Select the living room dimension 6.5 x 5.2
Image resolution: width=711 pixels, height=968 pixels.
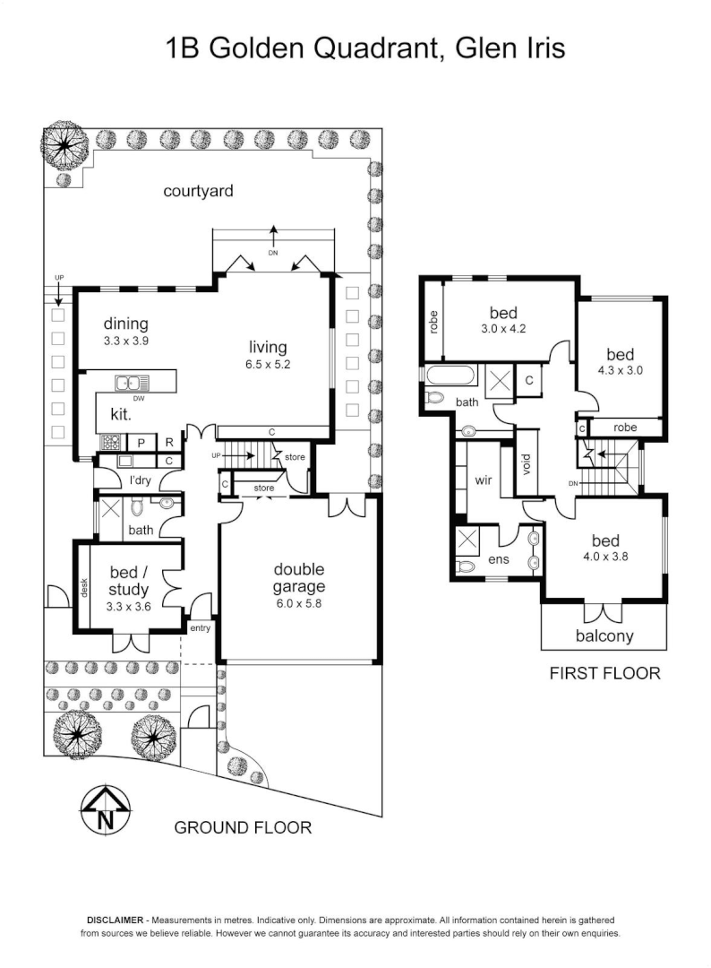[x=269, y=365]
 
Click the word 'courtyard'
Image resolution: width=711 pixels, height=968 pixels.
[x=198, y=190]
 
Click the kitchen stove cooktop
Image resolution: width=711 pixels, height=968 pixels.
[x=112, y=442]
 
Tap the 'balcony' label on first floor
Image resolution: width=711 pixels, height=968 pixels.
[x=604, y=636]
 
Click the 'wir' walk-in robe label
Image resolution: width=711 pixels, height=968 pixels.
[x=484, y=480]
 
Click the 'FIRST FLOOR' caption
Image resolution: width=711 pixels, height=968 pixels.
[x=604, y=673]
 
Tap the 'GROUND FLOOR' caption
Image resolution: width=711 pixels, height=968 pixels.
[x=243, y=827]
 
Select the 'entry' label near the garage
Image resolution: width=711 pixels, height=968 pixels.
[x=199, y=628]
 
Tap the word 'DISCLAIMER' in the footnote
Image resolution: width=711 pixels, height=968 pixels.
[x=116, y=920]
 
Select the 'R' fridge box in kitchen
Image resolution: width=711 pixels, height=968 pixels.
[x=167, y=442]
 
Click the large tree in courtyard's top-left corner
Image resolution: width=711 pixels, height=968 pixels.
[x=66, y=143]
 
